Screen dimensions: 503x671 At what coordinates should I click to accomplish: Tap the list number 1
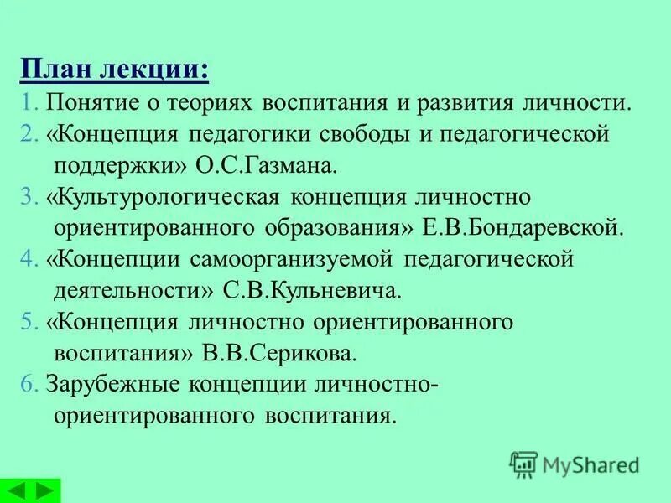pos(29,102)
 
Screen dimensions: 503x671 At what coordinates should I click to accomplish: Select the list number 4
pos(30,259)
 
